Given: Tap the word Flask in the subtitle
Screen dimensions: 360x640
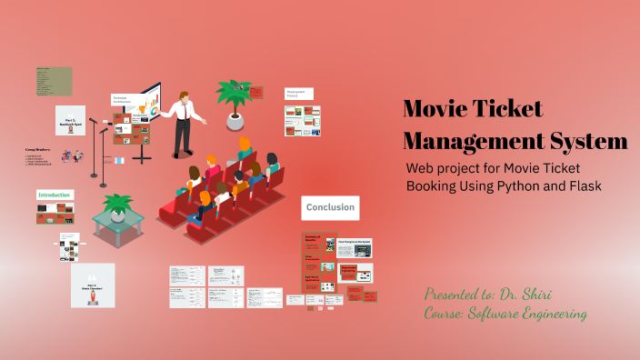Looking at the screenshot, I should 583,185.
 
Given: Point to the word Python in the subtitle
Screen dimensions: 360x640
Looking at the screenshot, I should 515,185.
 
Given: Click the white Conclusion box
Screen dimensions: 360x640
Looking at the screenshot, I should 330,208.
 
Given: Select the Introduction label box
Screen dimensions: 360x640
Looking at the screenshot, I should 55,195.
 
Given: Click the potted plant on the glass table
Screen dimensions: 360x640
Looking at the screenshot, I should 116,207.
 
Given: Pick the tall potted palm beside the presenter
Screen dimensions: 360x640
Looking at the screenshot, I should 234,98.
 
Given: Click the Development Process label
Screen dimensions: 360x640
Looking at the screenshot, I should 298,94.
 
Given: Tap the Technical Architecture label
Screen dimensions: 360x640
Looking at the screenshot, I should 124,101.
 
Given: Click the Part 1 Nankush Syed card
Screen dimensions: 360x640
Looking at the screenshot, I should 71,121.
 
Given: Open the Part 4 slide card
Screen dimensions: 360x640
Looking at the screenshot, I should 93,285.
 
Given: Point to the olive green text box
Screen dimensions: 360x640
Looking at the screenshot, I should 54,81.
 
